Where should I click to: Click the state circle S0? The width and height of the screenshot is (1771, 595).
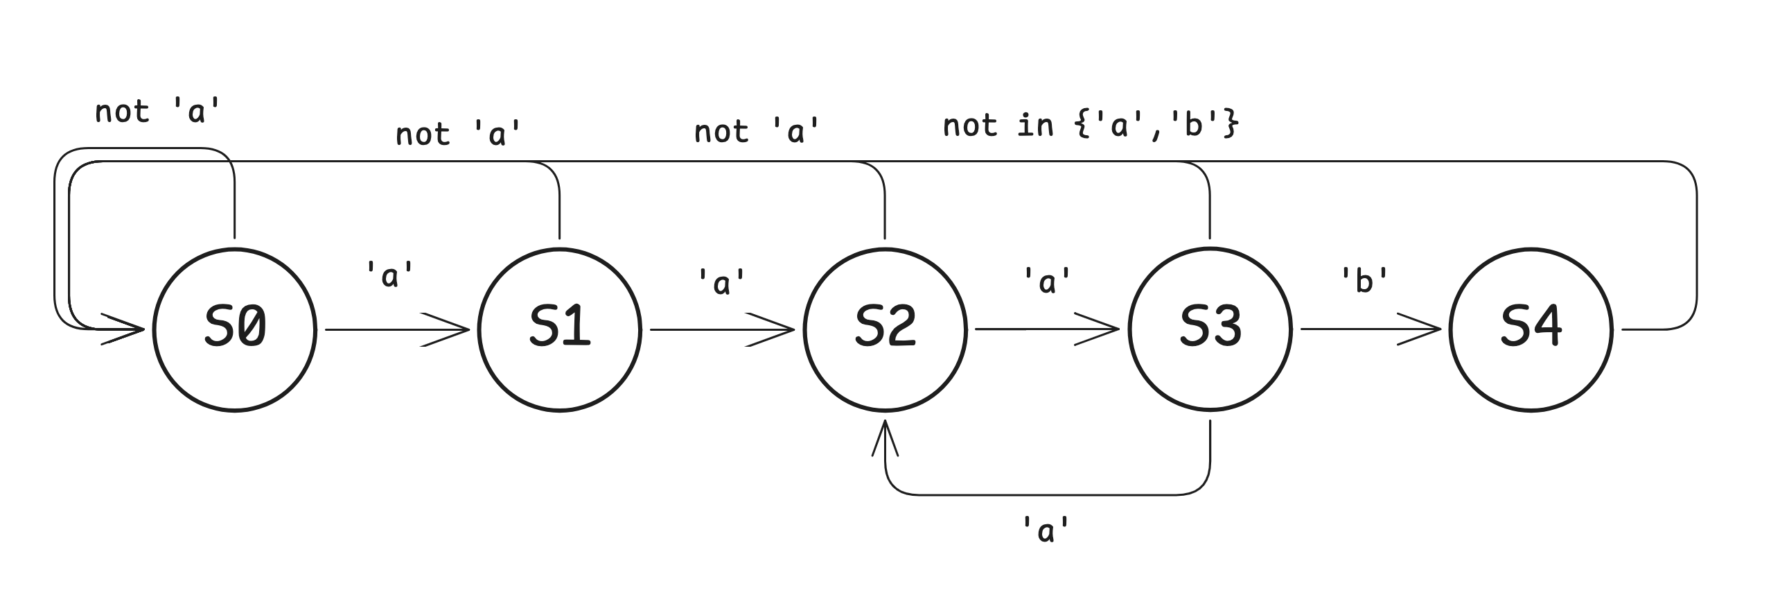coord(235,330)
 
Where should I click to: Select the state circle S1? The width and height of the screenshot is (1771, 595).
coord(560,330)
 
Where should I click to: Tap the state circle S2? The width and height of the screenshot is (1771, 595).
coord(885,330)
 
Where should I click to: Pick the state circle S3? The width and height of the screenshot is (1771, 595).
coord(1210,330)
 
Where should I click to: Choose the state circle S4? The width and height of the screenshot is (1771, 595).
coord(1531,330)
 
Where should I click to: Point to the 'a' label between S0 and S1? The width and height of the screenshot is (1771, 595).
coord(390,276)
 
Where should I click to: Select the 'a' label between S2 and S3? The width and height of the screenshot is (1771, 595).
coord(1047,281)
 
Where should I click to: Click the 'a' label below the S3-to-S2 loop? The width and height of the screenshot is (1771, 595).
coord(1046,531)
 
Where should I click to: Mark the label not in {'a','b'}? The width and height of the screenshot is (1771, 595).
coord(1090,127)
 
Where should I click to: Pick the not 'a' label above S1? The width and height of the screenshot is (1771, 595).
coord(458,134)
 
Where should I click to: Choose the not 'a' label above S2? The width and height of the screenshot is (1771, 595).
coord(757,131)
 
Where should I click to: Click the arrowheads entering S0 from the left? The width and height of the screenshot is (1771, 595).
coord(125,329)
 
